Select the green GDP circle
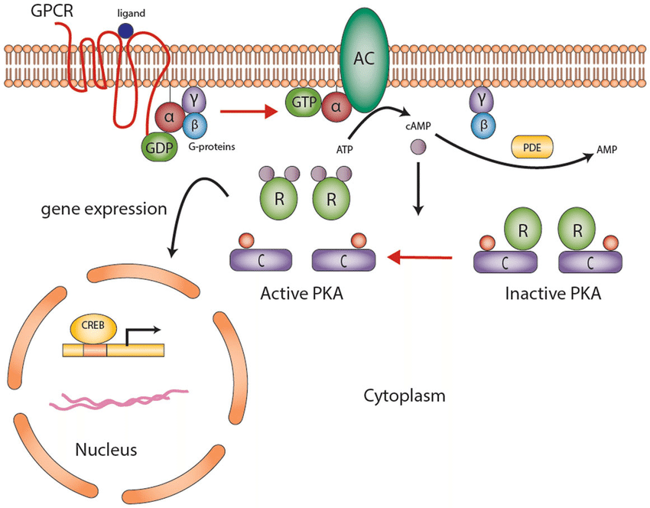[158, 145]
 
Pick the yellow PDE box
[529, 146]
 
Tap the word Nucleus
[106, 449]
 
